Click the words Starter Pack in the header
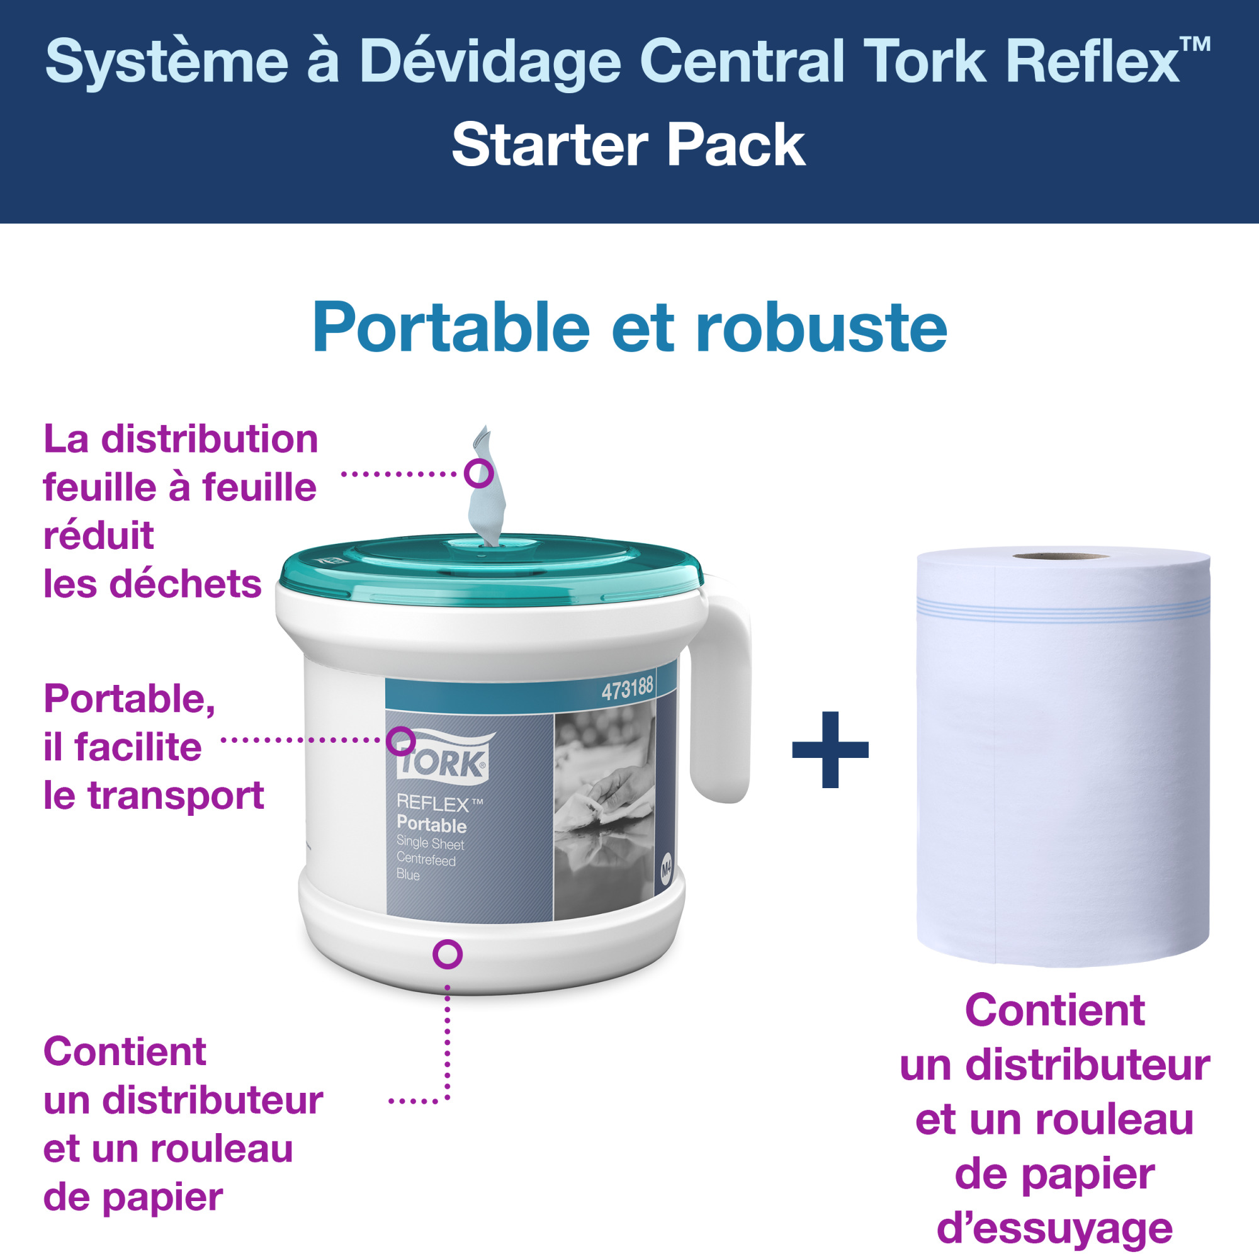pyautogui.click(x=628, y=145)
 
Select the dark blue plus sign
pyautogui.click(x=830, y=749)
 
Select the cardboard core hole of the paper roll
pyautogui.click(x=1059, y=556)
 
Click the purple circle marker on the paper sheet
pyautogui.click(x=478, y=473)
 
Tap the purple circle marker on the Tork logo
pyautogui.click(x=401, y=741)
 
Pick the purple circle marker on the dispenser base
pyautogui.click(x=448, y=955)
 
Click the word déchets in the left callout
pyautogui.click(x=185, y=584)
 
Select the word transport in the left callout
pyautogui.click(x=176, y=796)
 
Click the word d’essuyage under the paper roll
pyautogui.click(x=1054, y=1228)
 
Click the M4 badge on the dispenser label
pyautogui.click(x=666, y=869)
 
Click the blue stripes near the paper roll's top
pyautogui.click(x=1062, y=611)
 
